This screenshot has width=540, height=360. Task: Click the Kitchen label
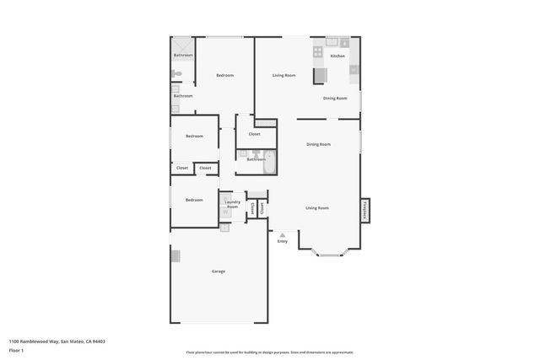click(337, 56)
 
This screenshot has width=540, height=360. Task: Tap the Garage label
click(218, 271)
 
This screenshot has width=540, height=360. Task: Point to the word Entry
click(283, 242)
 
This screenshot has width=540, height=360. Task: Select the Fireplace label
click(364, 210)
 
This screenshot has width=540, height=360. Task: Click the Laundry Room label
click(233, 204)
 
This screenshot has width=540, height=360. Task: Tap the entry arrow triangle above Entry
click(283, 234)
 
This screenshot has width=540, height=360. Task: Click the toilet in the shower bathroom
click(176, 74)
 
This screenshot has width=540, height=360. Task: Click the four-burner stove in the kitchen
click(318, 51)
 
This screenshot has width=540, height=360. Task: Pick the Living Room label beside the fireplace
click(317, 207)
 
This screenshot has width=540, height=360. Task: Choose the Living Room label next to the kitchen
click(283, 76)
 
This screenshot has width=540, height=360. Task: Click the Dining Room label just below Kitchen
click(335, 98)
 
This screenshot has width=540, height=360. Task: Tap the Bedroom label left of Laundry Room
click(194, 200)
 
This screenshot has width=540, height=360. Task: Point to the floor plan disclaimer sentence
click(270, 352)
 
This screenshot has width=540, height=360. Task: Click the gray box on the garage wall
click(175, 255)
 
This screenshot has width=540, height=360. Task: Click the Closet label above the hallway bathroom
click(254, 134)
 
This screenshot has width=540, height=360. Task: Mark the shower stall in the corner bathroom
click(182, 45)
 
